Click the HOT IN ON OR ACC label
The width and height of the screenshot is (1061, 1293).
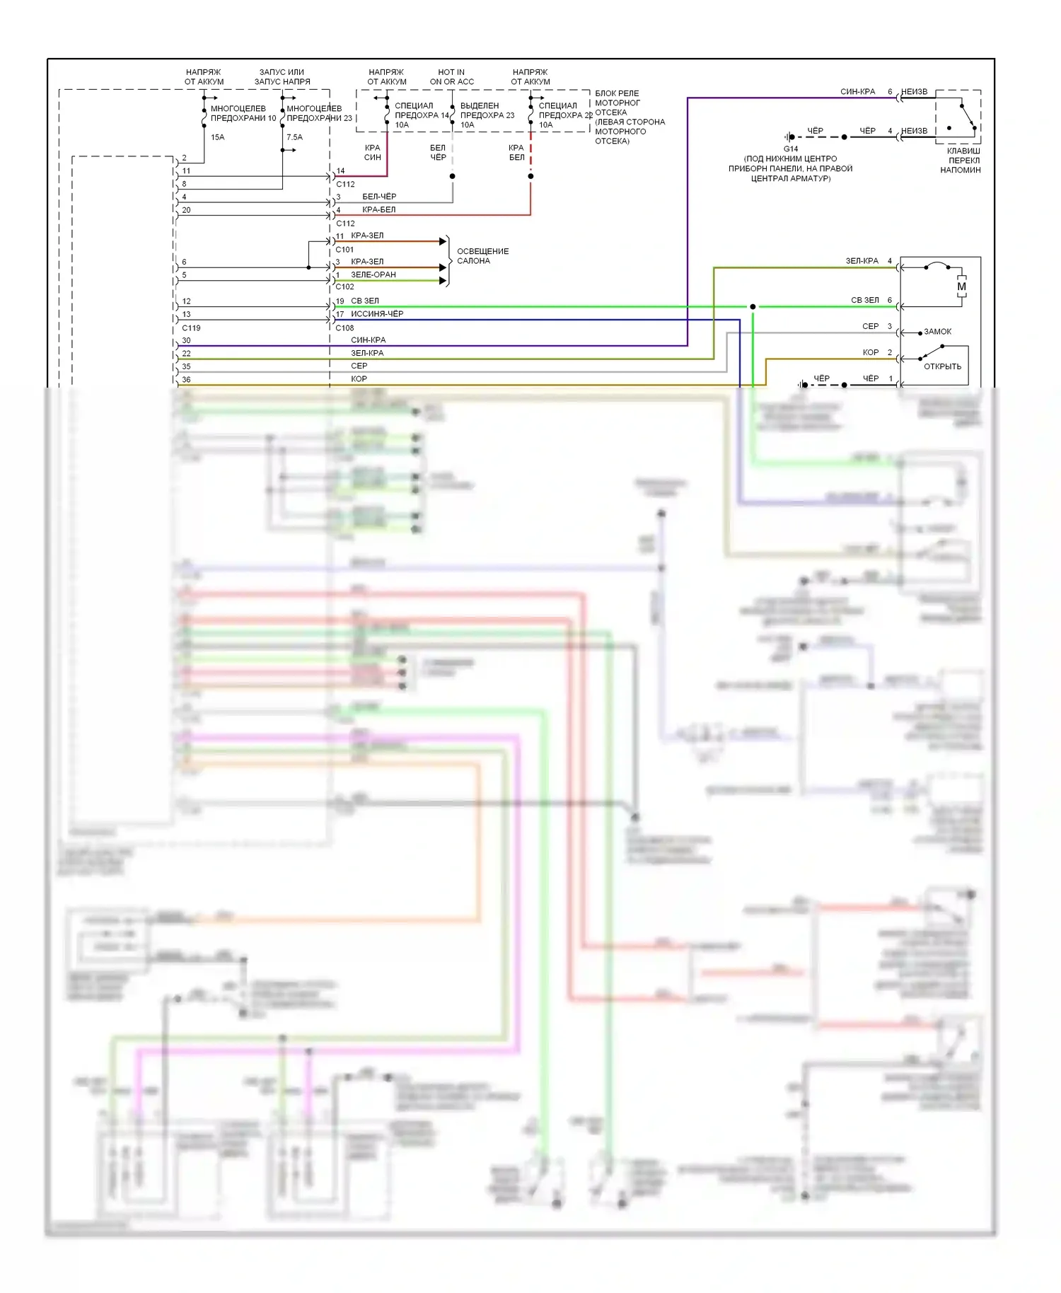point(451,77)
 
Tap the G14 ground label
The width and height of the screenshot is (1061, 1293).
point(790,149)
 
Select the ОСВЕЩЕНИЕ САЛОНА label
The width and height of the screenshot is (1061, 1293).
point(482,256)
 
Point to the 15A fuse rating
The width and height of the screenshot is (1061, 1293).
point(217,137)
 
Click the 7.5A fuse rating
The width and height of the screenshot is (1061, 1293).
point(294,137)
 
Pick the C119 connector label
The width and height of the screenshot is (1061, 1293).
point(191,328)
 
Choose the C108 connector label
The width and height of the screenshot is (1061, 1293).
point(344,328)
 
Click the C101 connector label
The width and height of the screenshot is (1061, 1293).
point(344,250)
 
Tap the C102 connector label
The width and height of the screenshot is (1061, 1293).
point(344,287)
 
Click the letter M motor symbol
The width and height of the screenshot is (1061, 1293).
point(961,286)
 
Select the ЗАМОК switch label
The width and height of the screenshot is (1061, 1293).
point(937,332)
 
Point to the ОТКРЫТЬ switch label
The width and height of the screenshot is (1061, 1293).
point(942,366)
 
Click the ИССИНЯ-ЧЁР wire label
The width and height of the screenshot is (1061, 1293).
point(377,314)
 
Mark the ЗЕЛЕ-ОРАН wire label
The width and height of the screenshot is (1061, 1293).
point(373,274)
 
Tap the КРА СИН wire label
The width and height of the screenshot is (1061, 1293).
point(372,153)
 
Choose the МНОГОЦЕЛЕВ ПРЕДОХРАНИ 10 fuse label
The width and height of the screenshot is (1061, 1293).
point(243,113)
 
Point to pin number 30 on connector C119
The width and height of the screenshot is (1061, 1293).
point(186,340)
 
